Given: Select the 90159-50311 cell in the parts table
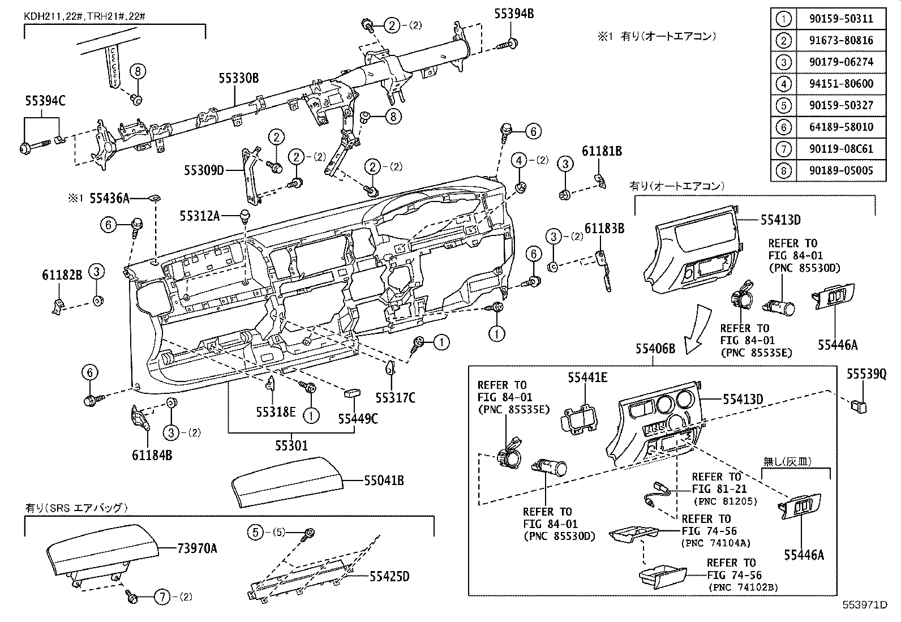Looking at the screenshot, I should click(x=840, y=19).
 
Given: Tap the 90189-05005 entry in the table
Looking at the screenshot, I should click(x=840, y=170).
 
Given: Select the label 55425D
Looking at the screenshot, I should click(x=389, y=577).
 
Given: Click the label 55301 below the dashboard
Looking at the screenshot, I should click(x=291, y=446).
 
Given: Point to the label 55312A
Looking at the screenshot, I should click(x=199, y=215).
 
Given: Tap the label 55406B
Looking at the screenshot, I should click(x=655, y=349).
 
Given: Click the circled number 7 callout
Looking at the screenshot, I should click(x=162, y=597).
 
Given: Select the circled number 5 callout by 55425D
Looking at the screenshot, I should click(x=256, y=532).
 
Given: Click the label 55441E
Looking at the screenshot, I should click(x=587, y=377).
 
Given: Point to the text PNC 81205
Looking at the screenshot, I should click(x=725, y=501).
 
